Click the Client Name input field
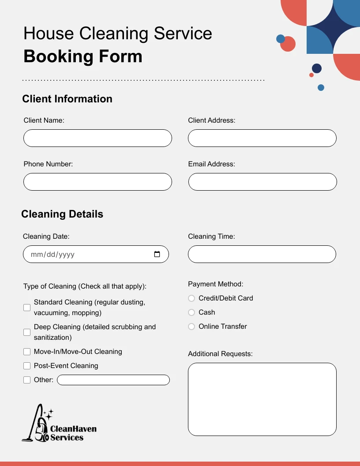(x=97, y=138)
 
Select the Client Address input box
(x=262, y=138)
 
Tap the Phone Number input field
(x=97, y=182)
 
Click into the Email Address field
(x=262, y=182)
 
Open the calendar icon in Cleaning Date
(x=157, y=254)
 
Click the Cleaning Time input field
(x=262, y=254)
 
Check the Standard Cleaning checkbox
(x=27, y=308)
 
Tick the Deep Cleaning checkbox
(x=27, y=332)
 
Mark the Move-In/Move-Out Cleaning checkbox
(x=27, y=352)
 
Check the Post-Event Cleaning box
(x=27, y=366)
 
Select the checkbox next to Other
(x=27, y=380)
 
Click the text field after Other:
(x=113, y=380)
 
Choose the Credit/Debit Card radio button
(x=191, y=298)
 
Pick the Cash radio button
(x=191, y=312)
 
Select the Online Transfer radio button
(x=191, y=327)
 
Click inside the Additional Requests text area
(x=262, y=399)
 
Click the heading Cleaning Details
(x=62, y=214)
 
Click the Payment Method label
(x=216, y=284)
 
